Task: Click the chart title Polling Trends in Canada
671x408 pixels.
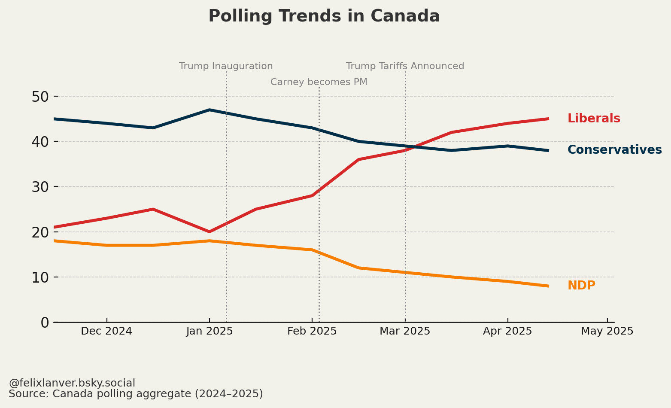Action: pyautogui.click(x=324, y=16)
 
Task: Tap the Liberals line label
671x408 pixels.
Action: pyautogui.click(x=594, y=119)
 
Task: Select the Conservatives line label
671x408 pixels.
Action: pyautogui.click(x=614, y=150)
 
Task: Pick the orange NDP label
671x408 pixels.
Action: pyautogui.click(x=581, y=286)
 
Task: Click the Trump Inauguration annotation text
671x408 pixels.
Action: pyautogui.click(x=226, y=66)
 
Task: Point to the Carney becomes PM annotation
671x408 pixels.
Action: pyautogui.click(x=319, y=82)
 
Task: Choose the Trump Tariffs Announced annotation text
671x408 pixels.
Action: pyautogui.click(x=405, y=66)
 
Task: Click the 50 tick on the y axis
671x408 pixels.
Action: pyautogui.click(x=40, y=97)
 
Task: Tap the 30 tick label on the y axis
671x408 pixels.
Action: pyautogui.click(x=40, y=187)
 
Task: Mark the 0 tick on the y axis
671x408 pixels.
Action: pyautogui.click(x=45, y=323)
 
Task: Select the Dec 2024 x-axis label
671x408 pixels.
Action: pyautogui.click(x=106, y=331)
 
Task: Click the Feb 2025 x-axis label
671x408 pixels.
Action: pyautogui.click(x=312, y=331)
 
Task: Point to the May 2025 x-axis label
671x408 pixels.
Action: pyautogui.click(x=607, y=331)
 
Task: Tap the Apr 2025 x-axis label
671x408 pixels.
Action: pyautogui.click(x=507, y=331)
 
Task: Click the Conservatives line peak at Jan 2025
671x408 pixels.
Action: pyautogui.click(x=209, y=110)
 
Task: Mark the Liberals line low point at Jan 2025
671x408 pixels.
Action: pyautogui.click(x=209, y=232)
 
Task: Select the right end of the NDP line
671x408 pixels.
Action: pyautogui.click(x=548, y=286)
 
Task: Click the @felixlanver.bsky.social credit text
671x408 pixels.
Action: pyautogui.click(x=72, y=383)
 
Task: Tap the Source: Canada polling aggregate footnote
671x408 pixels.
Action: pyautogui.click(x=136, y=394)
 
